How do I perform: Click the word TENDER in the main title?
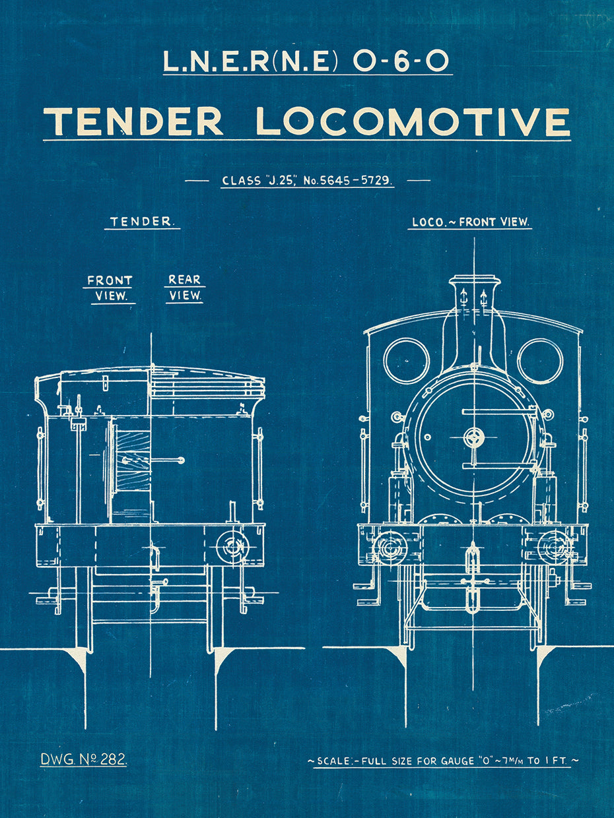click(x=133, y=121)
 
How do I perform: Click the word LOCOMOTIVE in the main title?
click(x=413, y=121)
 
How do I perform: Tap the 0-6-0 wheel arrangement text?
click(x=401, y=61)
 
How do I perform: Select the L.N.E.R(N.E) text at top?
click(x=251, y=61)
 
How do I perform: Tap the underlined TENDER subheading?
click(x=141, y=222)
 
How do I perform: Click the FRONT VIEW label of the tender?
click(x=110, y=288)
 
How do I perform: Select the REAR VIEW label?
click(x=184, y=288)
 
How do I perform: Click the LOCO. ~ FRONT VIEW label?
click(x=470, y=222)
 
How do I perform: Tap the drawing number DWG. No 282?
click(x=84, y=759)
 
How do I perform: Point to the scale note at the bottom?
click(x=443, y=761)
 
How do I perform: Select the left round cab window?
click(x=407, y=361)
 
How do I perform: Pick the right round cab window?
click(x=540, y=361)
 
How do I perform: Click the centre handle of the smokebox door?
click(x=473, y=436)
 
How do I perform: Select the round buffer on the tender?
click(x=232, y=546)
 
